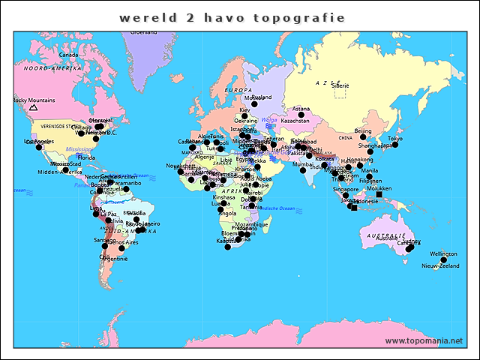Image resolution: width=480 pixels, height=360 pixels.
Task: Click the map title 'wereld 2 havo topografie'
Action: [232, 17]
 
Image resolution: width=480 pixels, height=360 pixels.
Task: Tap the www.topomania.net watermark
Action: [424, 341]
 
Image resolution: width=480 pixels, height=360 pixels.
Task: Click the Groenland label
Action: [144, 32]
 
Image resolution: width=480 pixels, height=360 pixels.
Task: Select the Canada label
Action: [69, 55]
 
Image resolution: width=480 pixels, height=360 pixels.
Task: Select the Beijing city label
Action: [363, 131]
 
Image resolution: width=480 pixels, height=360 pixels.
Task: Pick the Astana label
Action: [301, 109]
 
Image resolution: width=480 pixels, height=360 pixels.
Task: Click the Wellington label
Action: [443, 254]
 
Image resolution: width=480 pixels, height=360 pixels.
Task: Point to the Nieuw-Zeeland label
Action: [440, 266]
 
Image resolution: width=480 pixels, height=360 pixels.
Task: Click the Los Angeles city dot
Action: [39, 147]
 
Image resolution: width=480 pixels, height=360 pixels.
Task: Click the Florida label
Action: [87, 158]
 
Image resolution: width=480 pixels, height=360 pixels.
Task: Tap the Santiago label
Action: [104, 240]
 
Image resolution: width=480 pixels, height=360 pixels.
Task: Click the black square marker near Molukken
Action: [379, 195]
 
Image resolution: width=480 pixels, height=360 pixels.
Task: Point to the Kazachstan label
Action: [295, 121]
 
